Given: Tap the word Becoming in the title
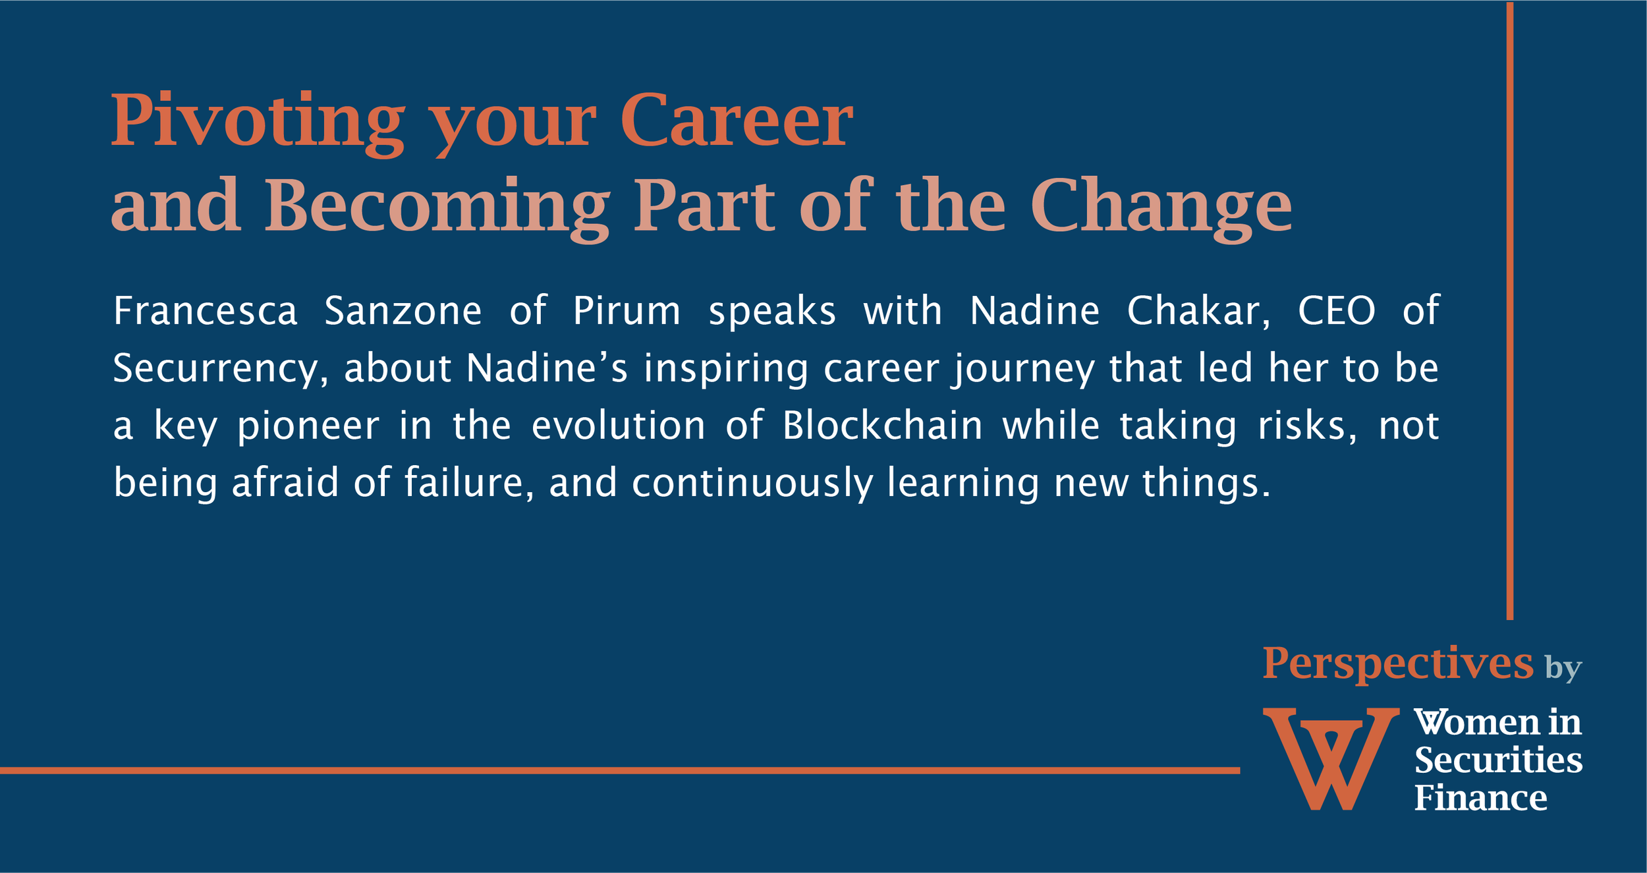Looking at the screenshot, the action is coord(437,207).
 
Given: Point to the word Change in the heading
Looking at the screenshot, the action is coord(1161,207).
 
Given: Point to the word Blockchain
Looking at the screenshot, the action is coord(883,425).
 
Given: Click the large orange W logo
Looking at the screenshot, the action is coord(1331,758).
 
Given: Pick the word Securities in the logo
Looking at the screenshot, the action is coord(1498,760).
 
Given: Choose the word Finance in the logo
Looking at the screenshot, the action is coord(1480,798).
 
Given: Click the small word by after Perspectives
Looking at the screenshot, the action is coord(1563,668).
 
